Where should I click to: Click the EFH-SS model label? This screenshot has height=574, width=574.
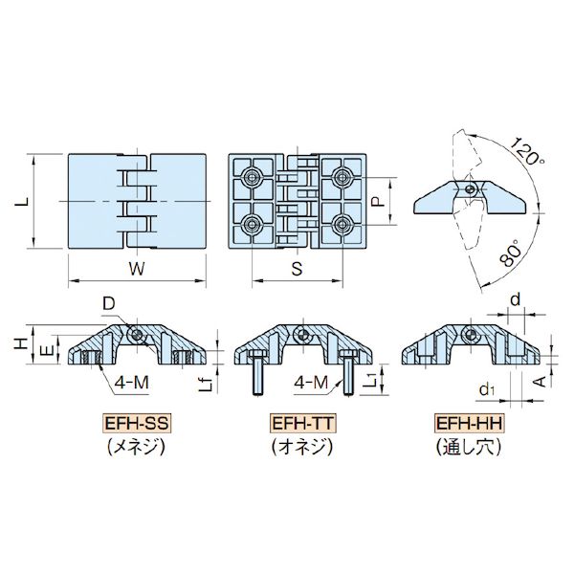coord(137,424)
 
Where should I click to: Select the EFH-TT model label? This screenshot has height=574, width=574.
coord(302,424)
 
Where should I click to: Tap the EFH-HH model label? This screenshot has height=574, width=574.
coord(469,424)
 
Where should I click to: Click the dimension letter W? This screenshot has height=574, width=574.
coord(137,269)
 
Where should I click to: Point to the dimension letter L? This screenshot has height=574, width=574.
coord(22,201)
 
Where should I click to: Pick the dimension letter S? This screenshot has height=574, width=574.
coord(298,269)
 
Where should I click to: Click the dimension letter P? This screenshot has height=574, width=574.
coord(379,201)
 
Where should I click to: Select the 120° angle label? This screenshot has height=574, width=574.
coord(527,151)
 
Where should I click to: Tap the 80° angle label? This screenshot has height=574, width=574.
coord(510,253)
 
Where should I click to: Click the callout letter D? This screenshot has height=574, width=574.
coord(108,303)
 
